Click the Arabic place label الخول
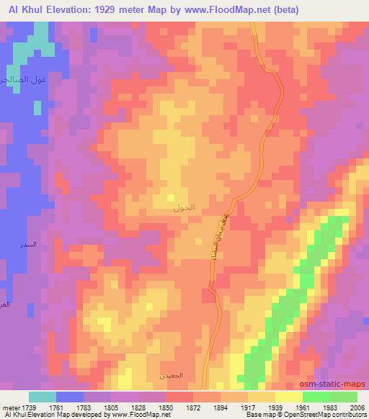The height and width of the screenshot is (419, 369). (x=184, y=207)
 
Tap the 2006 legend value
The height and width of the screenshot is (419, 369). (x=357, y=407)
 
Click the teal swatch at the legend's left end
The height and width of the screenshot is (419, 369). (x=43, y=397)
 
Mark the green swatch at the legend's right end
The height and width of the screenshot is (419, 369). (x=343, y=397)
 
